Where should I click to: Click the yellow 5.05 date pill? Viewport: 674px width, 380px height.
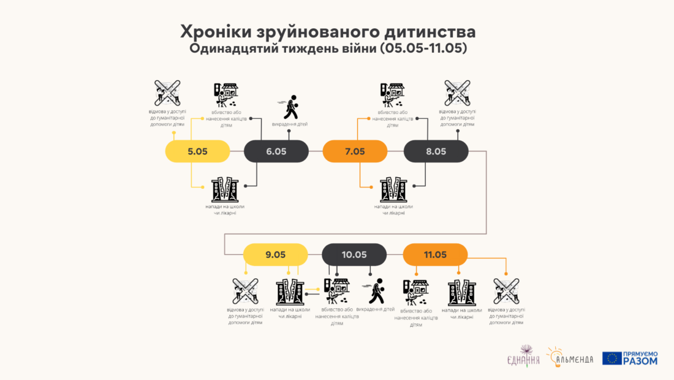[x=198, y=151]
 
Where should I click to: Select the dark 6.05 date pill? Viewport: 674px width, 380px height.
[x=276, y=151]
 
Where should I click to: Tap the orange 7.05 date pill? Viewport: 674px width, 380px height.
[x=355, y=151]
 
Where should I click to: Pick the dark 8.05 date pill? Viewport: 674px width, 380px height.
[x=436, y=151]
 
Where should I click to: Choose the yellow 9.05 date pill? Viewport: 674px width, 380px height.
[x=276, y=254]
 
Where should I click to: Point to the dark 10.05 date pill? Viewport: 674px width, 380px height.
[x=354, y=254]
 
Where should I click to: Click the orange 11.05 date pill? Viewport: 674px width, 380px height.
[x=435, y=254]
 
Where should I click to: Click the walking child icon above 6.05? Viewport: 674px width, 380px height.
[x=290, y=107]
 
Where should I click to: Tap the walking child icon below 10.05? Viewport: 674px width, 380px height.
[x=376, y=291]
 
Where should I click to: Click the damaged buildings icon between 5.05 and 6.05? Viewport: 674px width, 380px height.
[x=224, y=189]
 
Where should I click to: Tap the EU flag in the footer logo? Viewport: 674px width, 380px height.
[x=612, y=359]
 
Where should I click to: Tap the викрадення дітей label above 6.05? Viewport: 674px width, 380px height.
[x=290, y=124]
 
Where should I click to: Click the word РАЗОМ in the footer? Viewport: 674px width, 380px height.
[x=640, y=362]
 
